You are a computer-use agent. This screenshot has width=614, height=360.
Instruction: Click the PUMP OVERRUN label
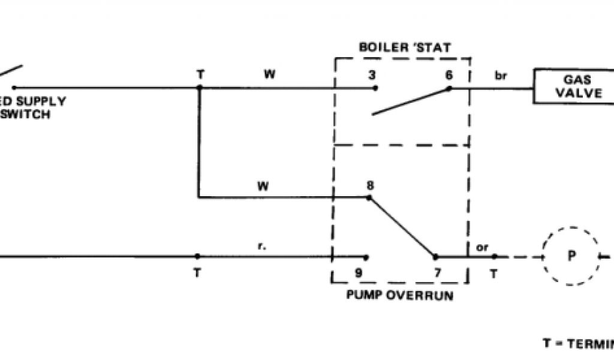(399, 295)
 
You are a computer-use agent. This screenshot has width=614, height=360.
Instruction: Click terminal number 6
(449, 76)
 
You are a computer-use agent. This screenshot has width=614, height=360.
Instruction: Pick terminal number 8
(370, 185)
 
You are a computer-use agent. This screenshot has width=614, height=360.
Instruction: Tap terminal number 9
(358, 272)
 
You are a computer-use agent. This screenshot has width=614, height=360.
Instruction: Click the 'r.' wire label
(262, 246)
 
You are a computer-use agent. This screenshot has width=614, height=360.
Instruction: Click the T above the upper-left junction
(200, 76)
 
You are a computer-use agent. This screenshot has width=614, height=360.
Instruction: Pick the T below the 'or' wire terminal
(493, 272)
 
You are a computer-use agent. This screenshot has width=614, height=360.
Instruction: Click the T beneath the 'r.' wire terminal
(197, 272)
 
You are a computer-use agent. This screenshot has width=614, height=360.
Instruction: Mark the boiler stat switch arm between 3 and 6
(411, 101)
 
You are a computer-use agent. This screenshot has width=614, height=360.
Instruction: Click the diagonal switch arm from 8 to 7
(402, 227)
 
